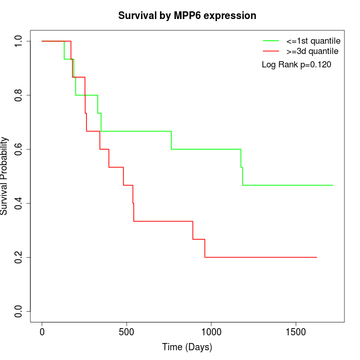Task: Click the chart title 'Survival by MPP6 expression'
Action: pos(187,15)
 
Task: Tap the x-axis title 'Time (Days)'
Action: pos(187,347)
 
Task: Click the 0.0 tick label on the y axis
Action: pos(19,311)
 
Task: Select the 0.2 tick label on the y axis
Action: pos(19,257)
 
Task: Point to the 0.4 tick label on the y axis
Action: pos(19,203)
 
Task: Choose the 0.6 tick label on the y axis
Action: pos(19,149)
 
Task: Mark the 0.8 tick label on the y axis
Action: pos(19,95)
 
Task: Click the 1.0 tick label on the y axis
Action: pos(19,41)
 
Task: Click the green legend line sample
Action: pos(271,40)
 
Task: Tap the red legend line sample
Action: pos(271,51)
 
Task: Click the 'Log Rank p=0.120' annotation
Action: pos(296,65)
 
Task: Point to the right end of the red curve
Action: pos(316,257)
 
